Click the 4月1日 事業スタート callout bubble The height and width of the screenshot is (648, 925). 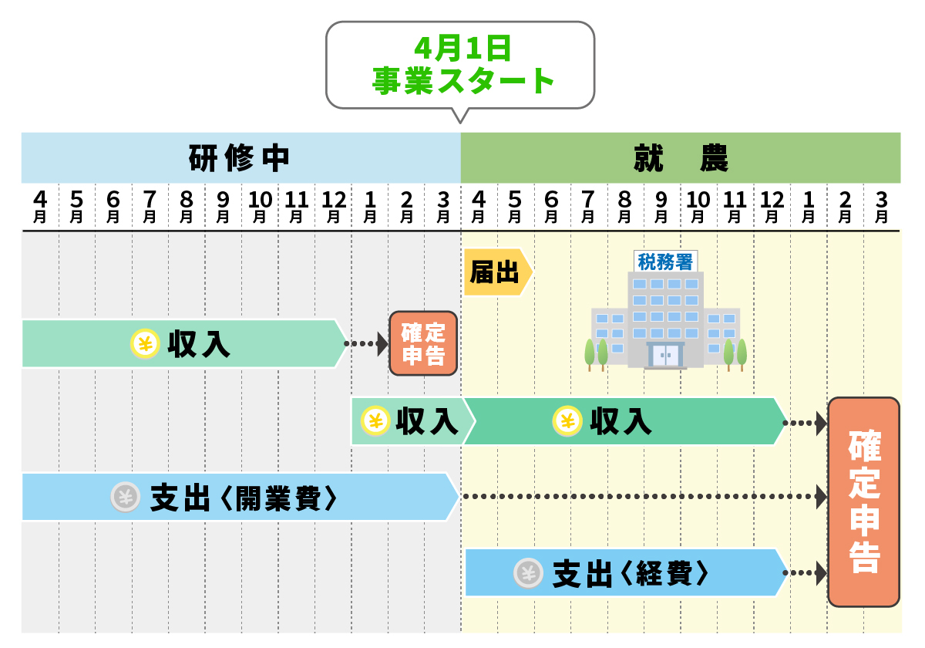click(x=460, y=66)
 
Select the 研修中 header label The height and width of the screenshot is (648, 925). click(x=239, y=158)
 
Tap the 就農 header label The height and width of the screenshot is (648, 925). click(x=681, y=158)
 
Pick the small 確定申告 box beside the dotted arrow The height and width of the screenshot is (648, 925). click(x=423, y=343)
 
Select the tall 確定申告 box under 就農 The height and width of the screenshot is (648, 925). click(x=863, y=502)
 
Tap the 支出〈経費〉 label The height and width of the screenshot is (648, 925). click(x=630, y=573)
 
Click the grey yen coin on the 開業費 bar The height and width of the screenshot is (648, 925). click(x=126, y=498)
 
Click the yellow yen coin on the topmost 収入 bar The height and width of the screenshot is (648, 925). click(x=144, y=343)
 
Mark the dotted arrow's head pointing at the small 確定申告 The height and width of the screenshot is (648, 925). click(x=382, y=343)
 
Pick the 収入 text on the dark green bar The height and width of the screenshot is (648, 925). click(x=621, y=421)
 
